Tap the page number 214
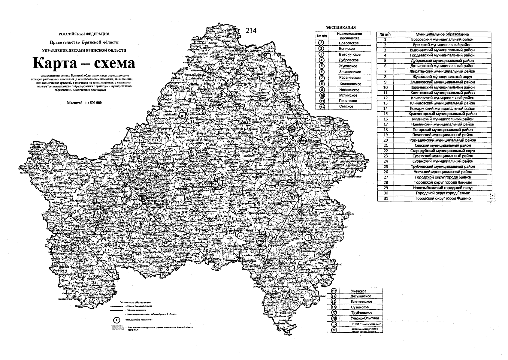click(251, 31)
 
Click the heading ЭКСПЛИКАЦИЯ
click(341, 28)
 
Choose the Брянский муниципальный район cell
click(442, 45)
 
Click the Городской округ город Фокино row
click(442, 198)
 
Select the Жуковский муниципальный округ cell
click(442, 76)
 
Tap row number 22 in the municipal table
click(386, 151)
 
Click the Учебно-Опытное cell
click(365, 318)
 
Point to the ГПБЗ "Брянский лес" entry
click(365, 324)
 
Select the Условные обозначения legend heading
click(136, 302)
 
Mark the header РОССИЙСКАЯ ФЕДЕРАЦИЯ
click(84, 34)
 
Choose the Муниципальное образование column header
click(442, 34)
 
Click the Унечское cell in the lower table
click(358, 291)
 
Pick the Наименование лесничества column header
click(350, 36)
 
